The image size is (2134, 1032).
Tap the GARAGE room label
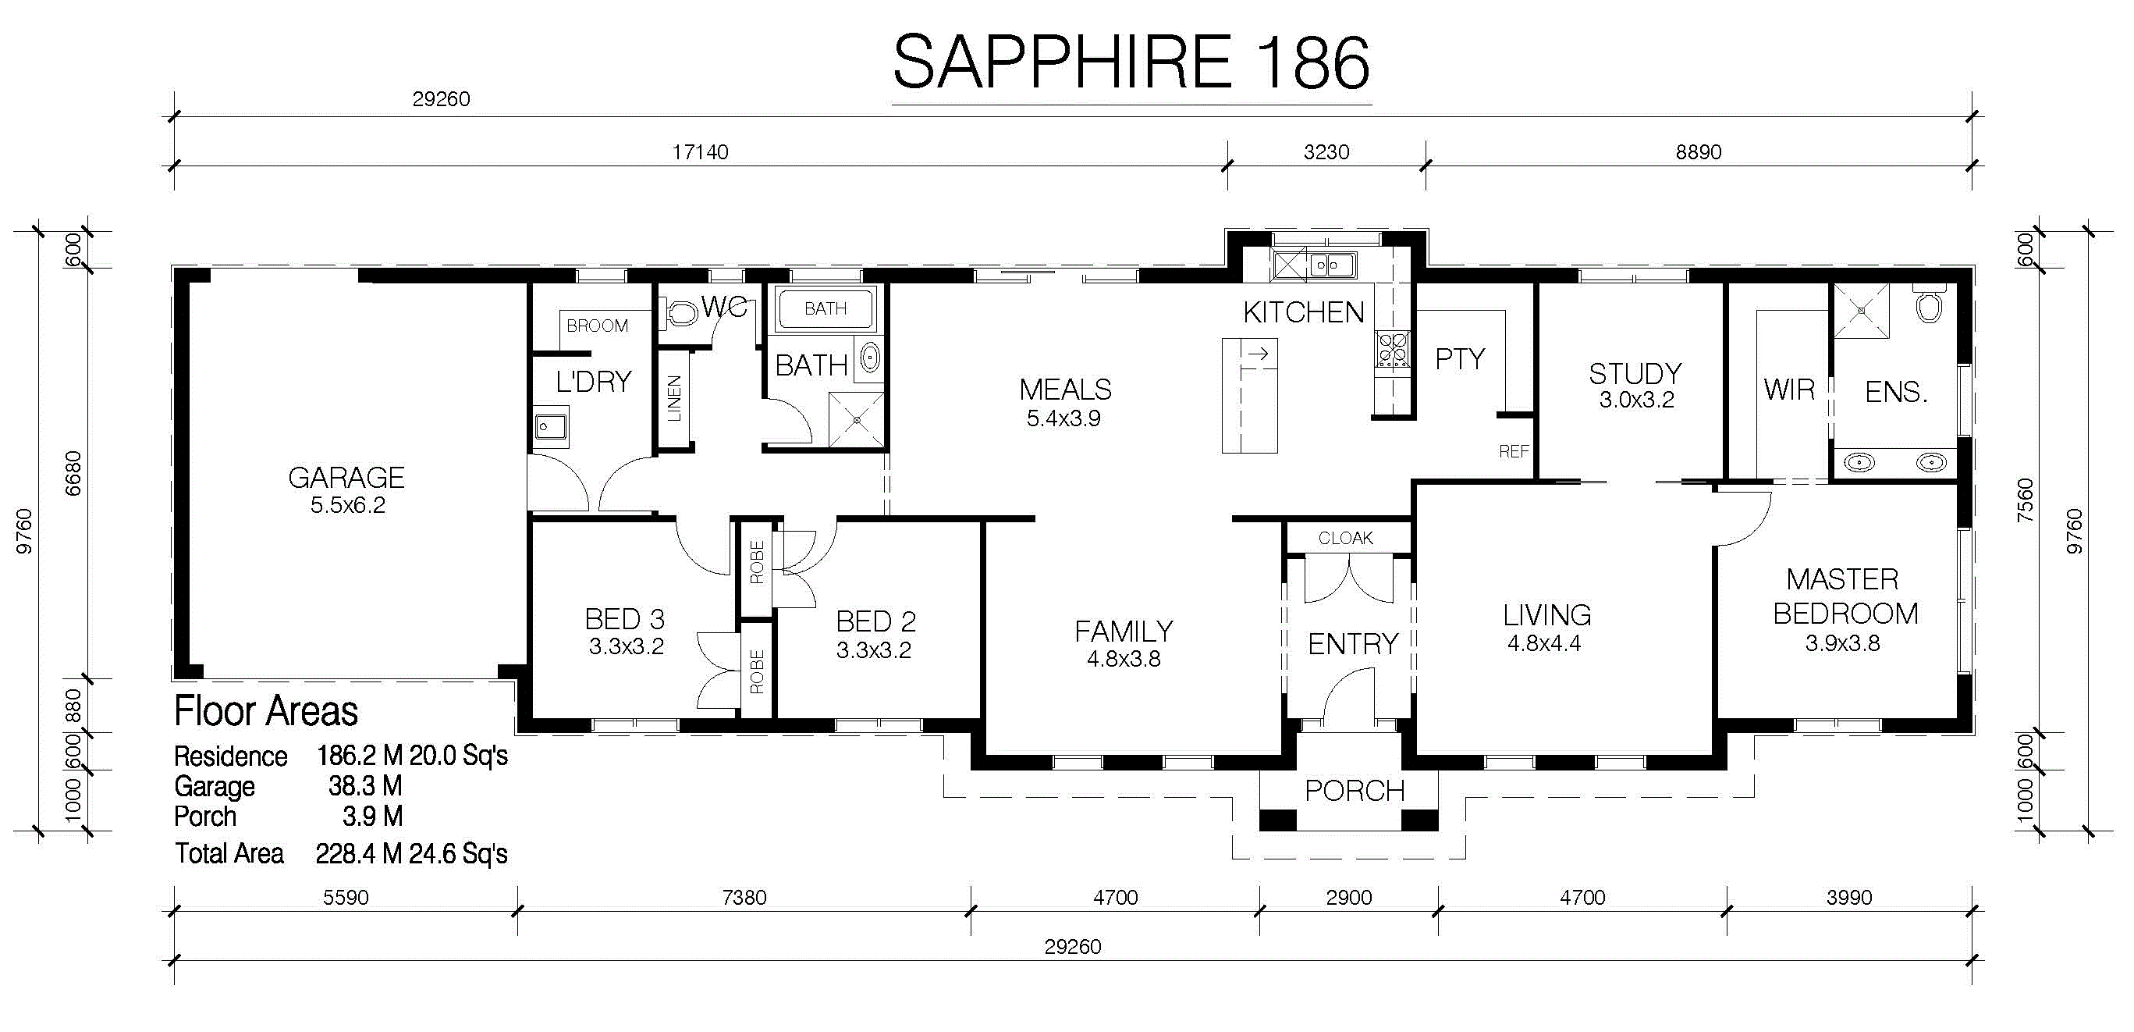(x=346, y=478)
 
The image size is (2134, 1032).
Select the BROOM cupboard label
(x=598, y=326)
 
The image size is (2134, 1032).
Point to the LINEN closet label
(x=674, y=398)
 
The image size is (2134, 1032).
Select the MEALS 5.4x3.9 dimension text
(x=1063, y=418)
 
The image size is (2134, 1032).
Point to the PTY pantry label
(x=1460, y=359)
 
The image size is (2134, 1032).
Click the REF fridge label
(x=1514, y=452)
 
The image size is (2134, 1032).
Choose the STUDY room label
(x=1635, y=373)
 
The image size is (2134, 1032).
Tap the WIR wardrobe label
(x=1789, y=390)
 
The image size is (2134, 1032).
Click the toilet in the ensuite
(x=1929, y=307)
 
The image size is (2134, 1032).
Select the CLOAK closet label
(x=1345, y=538)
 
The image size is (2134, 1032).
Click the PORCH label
(x=1355, y=791)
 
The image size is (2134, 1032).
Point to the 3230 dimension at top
(x=1326, y=151)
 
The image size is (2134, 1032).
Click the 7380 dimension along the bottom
(x=744, y=898)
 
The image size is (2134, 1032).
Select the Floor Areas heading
(x=266, y=711)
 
